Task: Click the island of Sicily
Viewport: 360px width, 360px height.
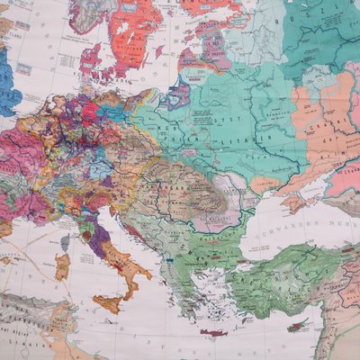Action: pyautogui.click(x=107, y=302)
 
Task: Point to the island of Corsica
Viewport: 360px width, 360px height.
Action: pyautogui.click(x=66, y=238)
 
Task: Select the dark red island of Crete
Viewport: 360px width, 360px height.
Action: pyautogui.click(x=214, y=333)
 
